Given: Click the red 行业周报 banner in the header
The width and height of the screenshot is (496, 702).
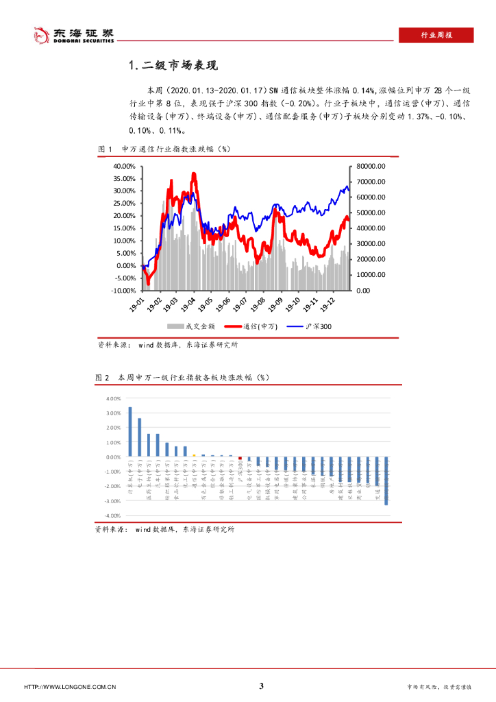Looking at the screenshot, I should (436, 36).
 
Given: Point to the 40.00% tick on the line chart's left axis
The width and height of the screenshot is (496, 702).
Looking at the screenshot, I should (124, 166).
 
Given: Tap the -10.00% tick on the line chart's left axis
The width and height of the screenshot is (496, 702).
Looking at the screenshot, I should (123, 290).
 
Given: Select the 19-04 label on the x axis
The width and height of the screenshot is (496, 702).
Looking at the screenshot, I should (189, 304).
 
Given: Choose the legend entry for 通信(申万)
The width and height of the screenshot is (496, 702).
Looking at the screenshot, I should (250, 327).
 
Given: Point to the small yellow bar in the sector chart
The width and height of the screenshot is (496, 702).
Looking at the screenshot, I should (194, 455).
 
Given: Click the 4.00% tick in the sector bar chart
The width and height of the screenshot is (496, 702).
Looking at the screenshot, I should (113, 398).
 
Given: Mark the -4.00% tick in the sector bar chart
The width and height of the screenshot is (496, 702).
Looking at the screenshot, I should (112, 516).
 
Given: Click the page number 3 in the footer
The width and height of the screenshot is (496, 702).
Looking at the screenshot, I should (261, 686).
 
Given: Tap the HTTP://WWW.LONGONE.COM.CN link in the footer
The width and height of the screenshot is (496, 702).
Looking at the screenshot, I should (69, 687).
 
